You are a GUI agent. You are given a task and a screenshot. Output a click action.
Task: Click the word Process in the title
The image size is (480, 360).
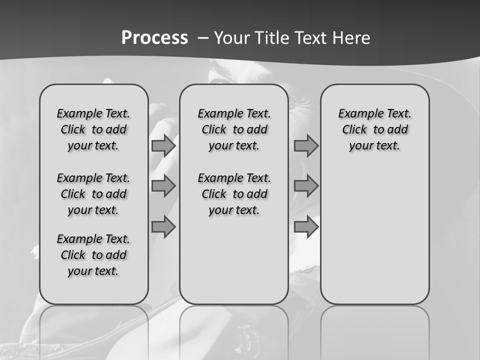tap(154, 37)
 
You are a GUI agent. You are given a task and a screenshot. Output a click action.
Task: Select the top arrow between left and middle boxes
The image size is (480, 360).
tap(163, 145)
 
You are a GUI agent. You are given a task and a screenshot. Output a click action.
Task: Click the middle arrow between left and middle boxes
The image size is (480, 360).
tap(163, 186)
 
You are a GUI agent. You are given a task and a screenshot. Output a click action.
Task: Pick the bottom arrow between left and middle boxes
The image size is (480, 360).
tap(163, 226)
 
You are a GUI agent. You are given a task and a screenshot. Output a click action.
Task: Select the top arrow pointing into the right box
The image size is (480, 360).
tap(306, 145)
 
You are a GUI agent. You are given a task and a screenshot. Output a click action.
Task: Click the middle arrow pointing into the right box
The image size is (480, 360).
tap(306, 186)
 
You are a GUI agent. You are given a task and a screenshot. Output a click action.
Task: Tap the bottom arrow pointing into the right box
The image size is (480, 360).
tap(306, 226)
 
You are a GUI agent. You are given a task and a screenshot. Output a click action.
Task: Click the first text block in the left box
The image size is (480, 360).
tap(93, 129)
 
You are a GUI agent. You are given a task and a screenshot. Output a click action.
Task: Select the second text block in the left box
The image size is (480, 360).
tap(93, 194)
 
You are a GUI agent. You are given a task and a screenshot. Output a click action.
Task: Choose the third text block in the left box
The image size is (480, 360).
tap(93, 255)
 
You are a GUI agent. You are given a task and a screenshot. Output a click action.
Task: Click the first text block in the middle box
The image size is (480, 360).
tap(234, 129)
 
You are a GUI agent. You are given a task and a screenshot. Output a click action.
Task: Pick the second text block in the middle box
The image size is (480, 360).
tap(234, 194)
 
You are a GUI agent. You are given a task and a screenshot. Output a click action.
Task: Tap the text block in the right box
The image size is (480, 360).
tap(374, 129)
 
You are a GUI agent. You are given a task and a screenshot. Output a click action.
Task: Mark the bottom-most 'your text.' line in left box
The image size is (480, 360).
tap(93, 271)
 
